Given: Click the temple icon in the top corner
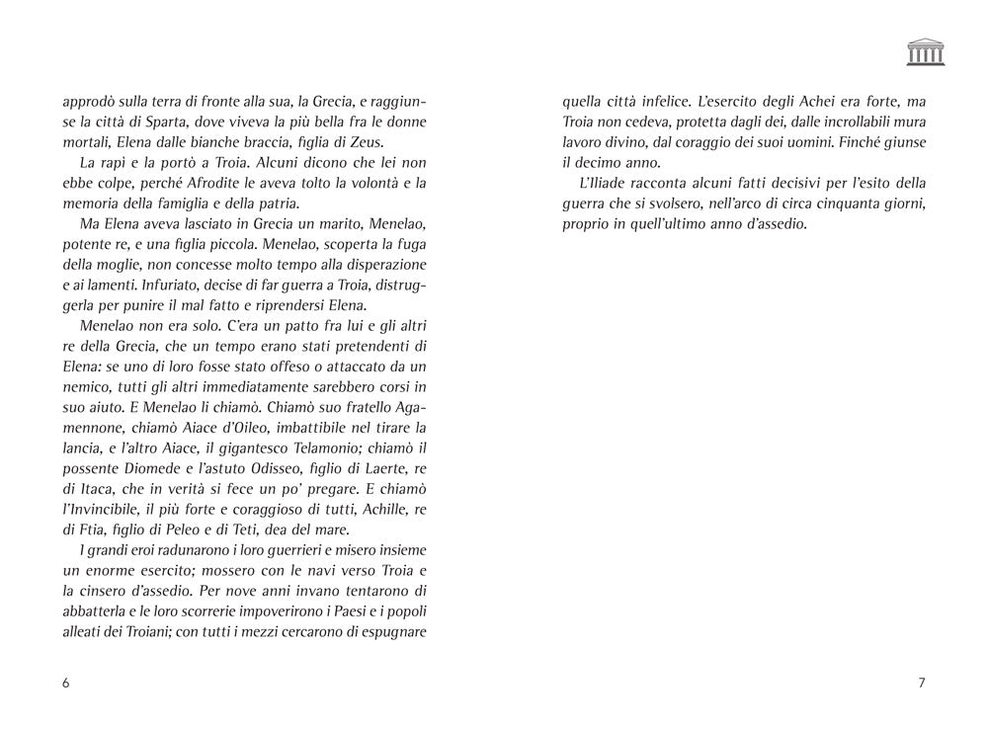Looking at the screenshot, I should pos(925,52).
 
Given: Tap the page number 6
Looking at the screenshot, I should pos(65,683).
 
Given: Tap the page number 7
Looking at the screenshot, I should pos(921,683).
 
